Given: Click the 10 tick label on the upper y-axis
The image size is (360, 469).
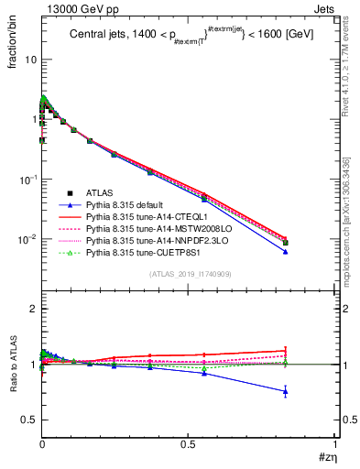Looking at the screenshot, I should click(x=29, y=60).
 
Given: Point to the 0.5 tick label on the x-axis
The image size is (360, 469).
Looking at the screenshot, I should click(x=188, y=445).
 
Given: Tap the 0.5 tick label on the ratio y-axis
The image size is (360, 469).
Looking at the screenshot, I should click(x=27, y=420).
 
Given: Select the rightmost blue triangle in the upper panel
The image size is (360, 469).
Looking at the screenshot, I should click(x=311, y=252).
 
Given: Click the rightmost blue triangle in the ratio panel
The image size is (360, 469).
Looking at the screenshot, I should click(x=311, y=391).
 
